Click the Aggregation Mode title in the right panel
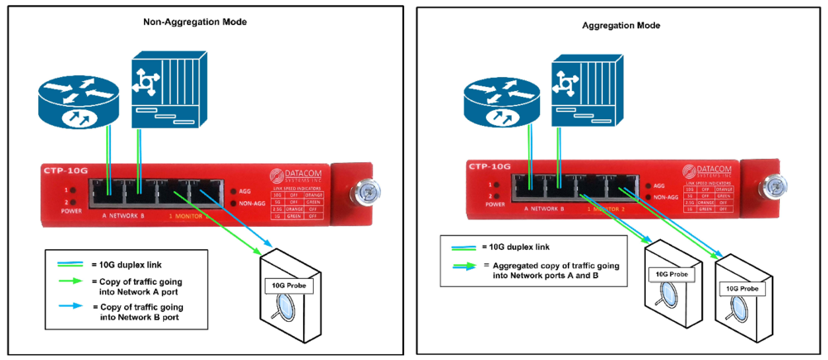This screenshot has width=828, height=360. point(620,26)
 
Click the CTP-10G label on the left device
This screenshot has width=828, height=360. point(63,170)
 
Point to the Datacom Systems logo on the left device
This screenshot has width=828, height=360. point(293,176)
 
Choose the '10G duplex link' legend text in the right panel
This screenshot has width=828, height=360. point(521,247)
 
